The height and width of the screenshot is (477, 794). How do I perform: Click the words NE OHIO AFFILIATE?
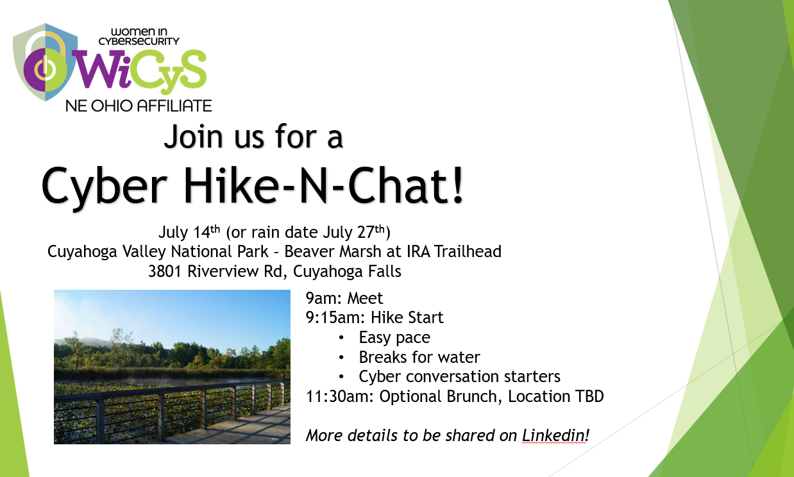(139, 106)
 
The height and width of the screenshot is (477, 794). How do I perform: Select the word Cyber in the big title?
(104, 187)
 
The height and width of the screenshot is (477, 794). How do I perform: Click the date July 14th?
(189, 232)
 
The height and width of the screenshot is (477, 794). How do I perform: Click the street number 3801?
(165, 271)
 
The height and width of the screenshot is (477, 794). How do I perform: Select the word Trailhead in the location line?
(468, 251)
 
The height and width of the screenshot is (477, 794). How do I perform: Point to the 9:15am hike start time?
(335, 317)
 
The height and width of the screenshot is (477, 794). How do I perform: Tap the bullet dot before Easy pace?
(341, 337)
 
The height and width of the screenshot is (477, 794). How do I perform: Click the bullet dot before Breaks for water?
(341, 357)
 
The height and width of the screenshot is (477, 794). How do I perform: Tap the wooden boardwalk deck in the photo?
(241, 429)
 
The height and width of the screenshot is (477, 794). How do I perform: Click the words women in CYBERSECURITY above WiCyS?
(139, 37)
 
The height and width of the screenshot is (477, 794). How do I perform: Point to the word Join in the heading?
(193, 137)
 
